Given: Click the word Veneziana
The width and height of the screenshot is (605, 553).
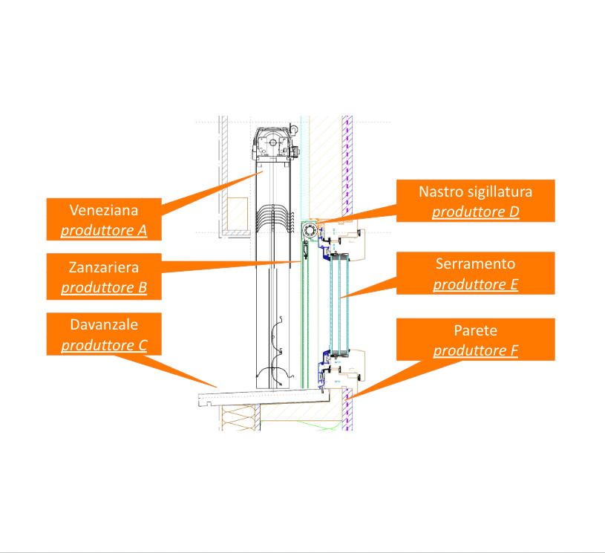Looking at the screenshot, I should click(x=104, y=209).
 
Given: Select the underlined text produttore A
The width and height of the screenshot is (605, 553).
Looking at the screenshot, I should click(x=104, y=230).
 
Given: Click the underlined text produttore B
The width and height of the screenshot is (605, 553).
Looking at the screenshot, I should click(x=104, y=287).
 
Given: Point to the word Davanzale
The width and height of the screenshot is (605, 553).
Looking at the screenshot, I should click(x=104, y=324).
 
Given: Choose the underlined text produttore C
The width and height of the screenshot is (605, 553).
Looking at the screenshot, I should click(x=104, y=345).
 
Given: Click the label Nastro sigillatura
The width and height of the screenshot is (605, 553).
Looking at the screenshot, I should click(x=475, y=192).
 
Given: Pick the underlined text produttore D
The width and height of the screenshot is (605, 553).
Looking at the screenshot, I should click(x=475, y=212).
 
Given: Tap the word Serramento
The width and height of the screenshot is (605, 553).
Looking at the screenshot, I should click(x=475, y=264).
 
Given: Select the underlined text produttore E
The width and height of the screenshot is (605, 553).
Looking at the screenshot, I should click(x=475, y=284).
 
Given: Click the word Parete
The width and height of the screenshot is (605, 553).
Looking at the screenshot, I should click(x=475, y=330).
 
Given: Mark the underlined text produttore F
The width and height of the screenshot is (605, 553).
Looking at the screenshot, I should click(x=475, y=350).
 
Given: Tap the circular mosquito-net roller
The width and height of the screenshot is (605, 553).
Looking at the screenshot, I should click(x=311, y=232).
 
